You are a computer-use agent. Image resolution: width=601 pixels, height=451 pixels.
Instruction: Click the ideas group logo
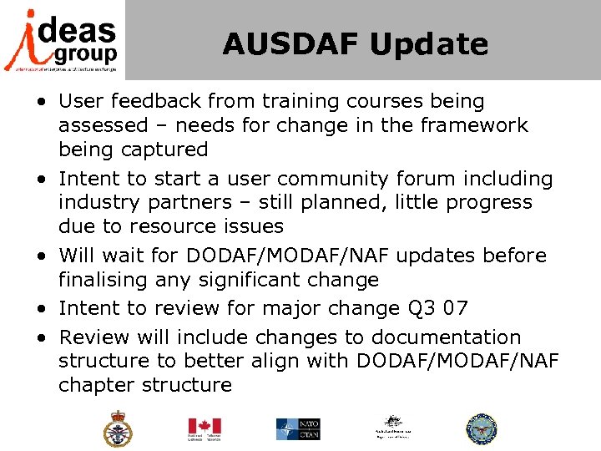point(62,40)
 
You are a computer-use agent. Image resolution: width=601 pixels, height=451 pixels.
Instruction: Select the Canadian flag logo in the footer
point(204,428)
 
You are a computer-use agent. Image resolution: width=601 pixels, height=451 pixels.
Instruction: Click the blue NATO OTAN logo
point(298,428)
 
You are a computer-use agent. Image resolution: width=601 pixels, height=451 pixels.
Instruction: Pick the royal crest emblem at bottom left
point(117,428)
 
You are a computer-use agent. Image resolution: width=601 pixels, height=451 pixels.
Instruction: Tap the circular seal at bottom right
point(481,428)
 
